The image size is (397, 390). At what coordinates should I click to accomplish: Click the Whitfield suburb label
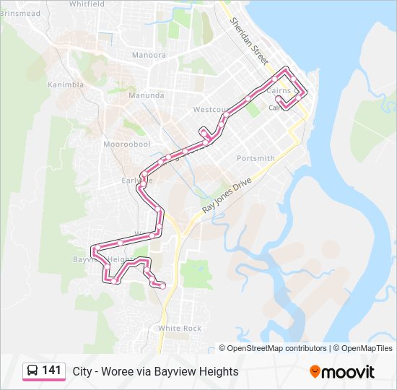click(87, 4)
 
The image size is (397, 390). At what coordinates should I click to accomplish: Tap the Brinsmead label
click(19, 13)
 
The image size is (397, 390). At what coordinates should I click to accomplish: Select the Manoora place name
click(149, 55)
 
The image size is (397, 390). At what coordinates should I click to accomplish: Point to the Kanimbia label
click(66, 84)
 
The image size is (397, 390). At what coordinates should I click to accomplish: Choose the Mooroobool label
click(126, 144)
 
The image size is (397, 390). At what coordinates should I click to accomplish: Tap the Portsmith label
click(256, 158)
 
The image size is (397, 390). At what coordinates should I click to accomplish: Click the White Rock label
click(180, 328)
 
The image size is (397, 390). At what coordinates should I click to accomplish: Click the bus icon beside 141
click(32, 371)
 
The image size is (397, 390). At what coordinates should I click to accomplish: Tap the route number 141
click(51, 370)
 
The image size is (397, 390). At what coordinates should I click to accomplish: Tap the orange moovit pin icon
click(315, 371)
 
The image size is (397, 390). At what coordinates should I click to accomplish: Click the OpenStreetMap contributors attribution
click(276, 348)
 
